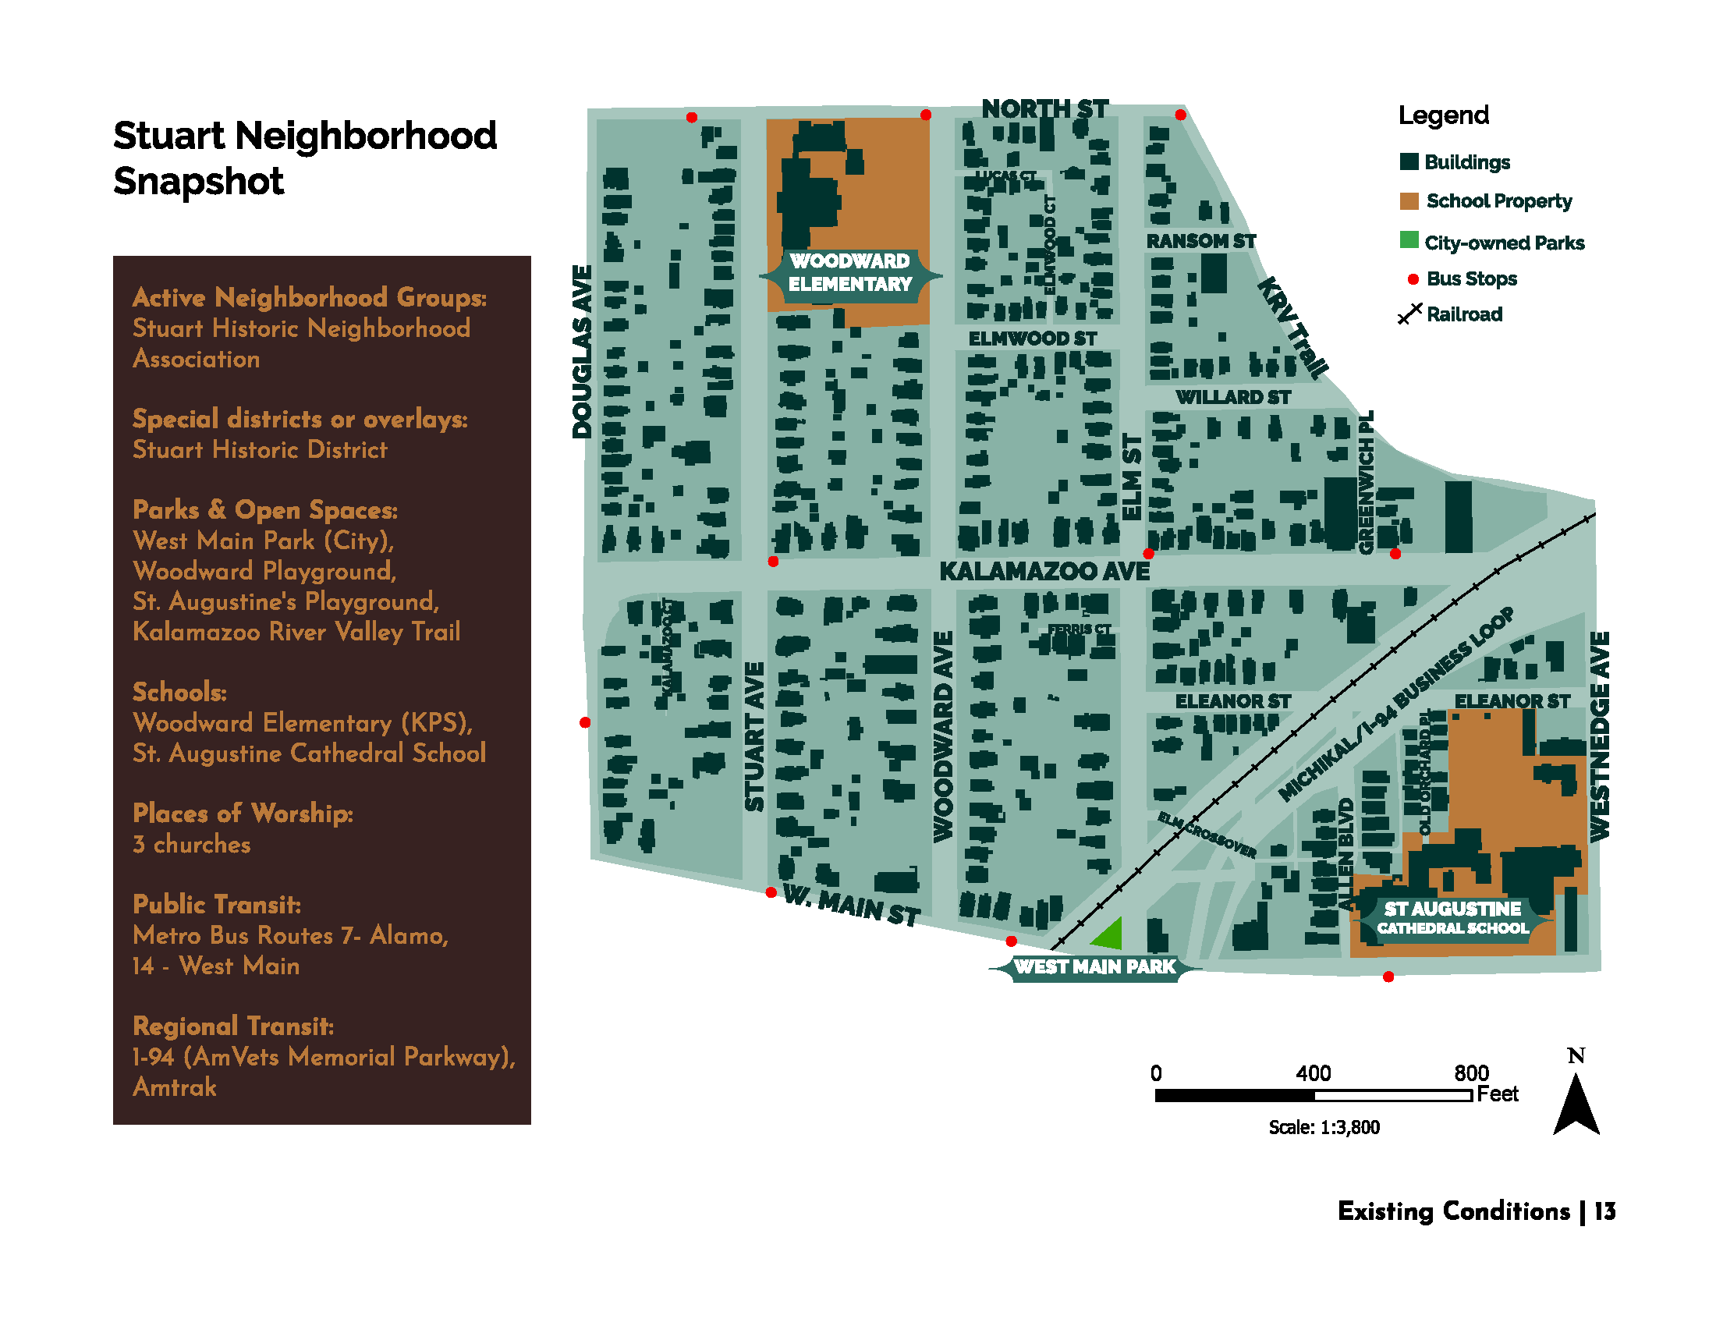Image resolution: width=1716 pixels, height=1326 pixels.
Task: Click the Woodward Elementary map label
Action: pyautogui.click(x=849, y=272)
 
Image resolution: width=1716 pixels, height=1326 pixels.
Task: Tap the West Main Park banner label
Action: pyautogui.click(x=1094, y=967)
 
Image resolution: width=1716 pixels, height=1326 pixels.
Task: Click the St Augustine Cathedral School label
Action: pyautogui.click(x=1453, y=917)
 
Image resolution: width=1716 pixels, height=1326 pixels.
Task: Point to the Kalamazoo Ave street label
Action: pyautogui.click(x=1044, y=571)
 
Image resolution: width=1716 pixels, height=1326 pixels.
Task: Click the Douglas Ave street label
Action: pyautogui.click(x=581, y=351)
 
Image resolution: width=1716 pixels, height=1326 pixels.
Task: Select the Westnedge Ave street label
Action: pyautogui.click(x=1600, y=736)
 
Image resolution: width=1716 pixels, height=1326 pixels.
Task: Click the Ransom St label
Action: pyautogui.click(x=1200, y=241)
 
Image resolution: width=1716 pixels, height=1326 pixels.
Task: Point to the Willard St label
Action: pyautogui.click(x=1232, y=398)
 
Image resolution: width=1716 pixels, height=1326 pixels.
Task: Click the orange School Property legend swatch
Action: pyautogui.click(x=1409, y=201)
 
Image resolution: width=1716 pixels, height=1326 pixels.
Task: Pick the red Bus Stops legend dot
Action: pyautogui.click(x=1413, y=279)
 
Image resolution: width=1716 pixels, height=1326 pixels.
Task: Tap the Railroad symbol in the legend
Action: pyautogui.click(x=1409, y=314)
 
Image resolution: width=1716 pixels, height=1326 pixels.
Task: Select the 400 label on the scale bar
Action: pyautogui.click(x=1313, y=1073)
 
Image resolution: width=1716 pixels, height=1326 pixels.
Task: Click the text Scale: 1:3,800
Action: pyautogui.click(x=1324, y=1127)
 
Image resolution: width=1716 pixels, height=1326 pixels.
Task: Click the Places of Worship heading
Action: pyautogui.click(x=243, y=813)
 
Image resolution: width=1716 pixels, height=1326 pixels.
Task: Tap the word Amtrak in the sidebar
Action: pyautogui.click(x=175, y=1087)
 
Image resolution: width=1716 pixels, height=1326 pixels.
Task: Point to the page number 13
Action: pyautogui.click(x=1605, y=1211)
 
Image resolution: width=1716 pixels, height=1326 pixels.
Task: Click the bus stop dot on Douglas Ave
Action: pyautogui.click(x=584, y=722)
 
